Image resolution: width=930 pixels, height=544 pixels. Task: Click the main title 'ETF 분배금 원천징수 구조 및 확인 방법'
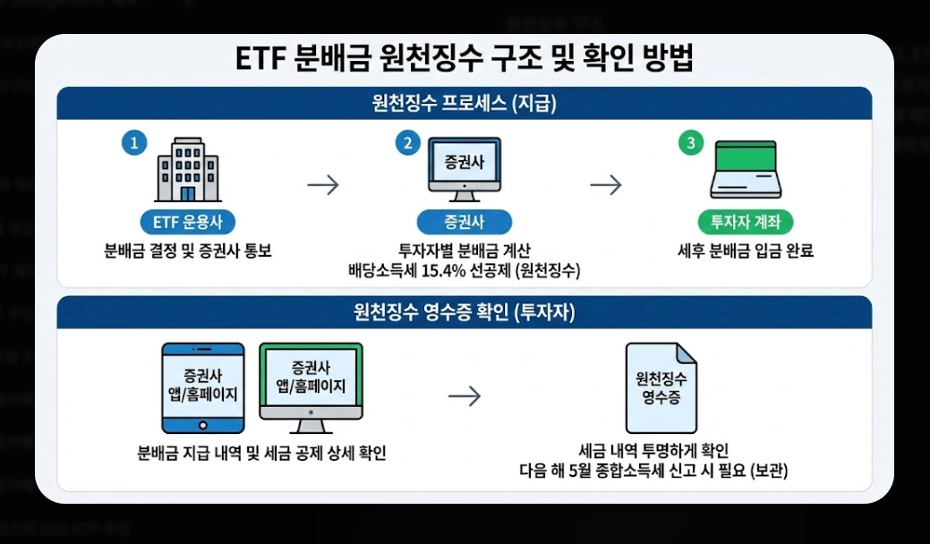click(464, 60)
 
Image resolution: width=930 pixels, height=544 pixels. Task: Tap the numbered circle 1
click(134, 143)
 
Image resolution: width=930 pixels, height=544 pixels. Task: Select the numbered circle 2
click(408, 143)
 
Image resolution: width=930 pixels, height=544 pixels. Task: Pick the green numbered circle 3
click(690, 143)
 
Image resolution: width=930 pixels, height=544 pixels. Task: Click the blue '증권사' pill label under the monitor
click(464, 222)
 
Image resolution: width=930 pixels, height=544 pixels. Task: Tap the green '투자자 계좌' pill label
click(745, 222)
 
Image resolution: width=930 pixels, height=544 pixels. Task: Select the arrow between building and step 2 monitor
click(323, 185)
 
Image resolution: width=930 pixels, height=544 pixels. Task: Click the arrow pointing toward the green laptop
click(605, 185)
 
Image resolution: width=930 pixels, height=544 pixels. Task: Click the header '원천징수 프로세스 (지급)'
click(464, 103)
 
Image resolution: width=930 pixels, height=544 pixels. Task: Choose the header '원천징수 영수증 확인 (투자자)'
click(464, 312)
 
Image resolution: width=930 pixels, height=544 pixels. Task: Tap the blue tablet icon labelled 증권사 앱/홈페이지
click(202, 387)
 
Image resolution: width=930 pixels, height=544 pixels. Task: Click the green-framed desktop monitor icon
click(311, 383)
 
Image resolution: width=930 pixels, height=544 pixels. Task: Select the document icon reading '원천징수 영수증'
click(661, 387)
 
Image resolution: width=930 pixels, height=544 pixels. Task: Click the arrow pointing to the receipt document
click(465, 396)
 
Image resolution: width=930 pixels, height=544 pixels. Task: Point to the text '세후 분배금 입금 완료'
click(745, 251)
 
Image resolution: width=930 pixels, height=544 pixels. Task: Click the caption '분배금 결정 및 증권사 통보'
click(187, 251)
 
